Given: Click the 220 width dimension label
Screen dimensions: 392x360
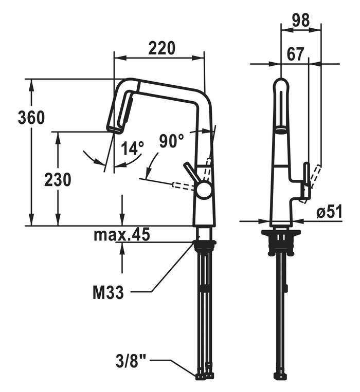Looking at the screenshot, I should (162, 48).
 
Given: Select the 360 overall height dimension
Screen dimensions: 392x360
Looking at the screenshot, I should (31, 118).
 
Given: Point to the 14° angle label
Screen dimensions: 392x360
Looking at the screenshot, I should (132, 148).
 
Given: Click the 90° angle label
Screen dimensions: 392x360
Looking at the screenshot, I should (171, 140).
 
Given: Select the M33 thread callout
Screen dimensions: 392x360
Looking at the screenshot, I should (107, 293).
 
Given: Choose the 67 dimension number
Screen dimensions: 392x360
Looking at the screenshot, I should (294, 53).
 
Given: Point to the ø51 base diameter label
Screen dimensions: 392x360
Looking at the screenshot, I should (329, 212).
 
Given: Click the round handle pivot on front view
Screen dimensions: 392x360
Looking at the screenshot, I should (204, 190).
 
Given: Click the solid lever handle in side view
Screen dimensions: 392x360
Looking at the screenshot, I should (305, 179).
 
